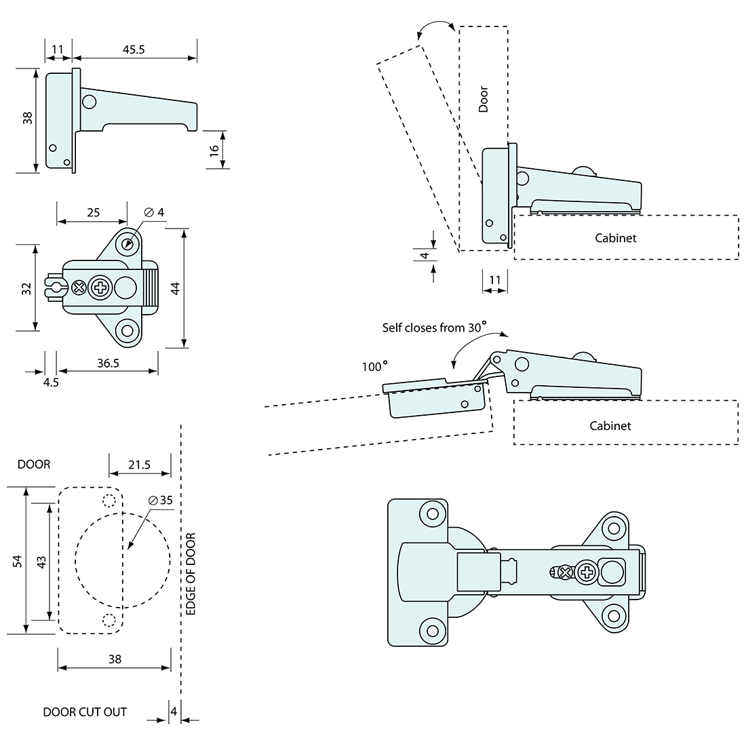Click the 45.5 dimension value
point(134,50)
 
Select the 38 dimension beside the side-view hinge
point(27,118)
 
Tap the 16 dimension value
point(214,151)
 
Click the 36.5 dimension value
point(108,363)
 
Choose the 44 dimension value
point(176,288)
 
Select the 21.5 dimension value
point(139,465)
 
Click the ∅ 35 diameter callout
point(161,500)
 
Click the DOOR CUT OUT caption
point(85,712)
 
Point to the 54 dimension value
point(18,560)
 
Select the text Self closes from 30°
point(434,328)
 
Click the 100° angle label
point(374,366)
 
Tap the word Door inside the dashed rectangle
point(484,99)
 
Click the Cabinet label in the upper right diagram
point(616,238)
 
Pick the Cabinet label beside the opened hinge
point(610,425)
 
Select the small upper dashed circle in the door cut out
point(108,501)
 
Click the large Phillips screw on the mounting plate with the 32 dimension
point(100,288)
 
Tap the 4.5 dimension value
point(51,382)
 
